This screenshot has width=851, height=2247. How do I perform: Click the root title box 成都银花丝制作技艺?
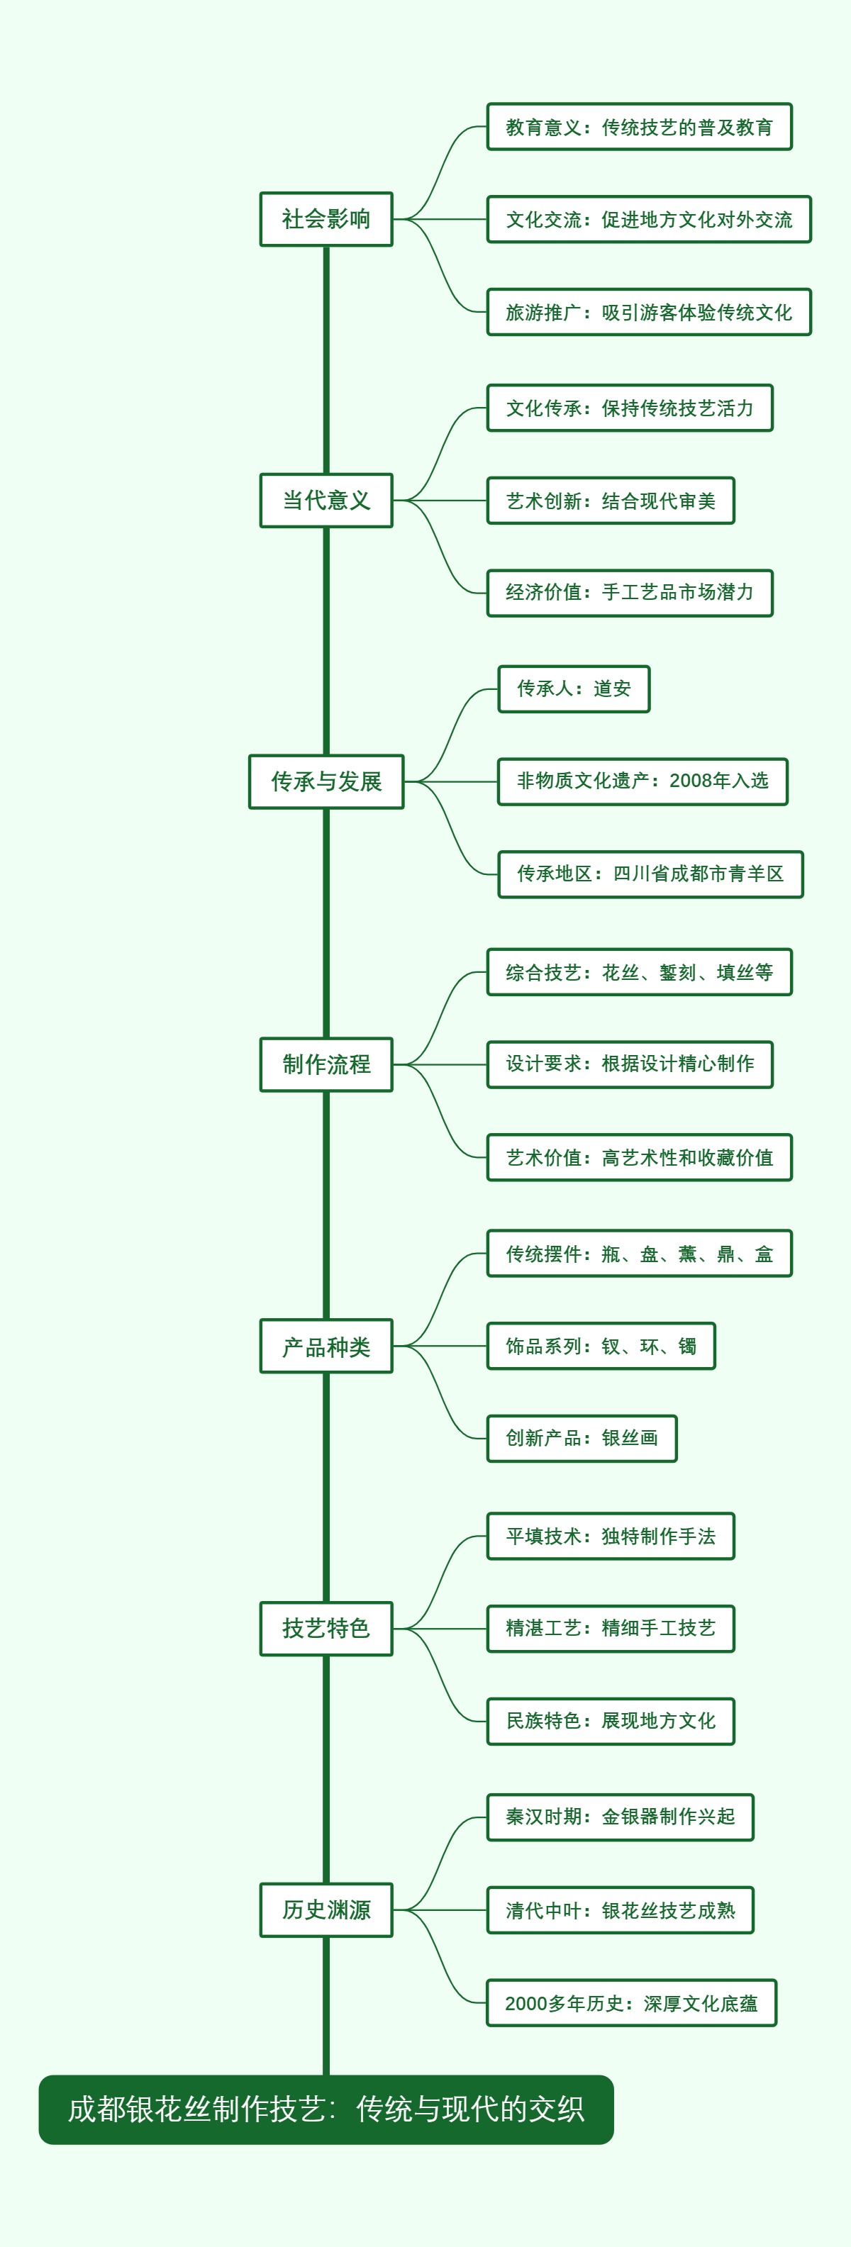pyautogui.click(x=326, y=2109)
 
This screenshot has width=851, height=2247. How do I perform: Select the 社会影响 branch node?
pyautogui.click(x=326, y=219)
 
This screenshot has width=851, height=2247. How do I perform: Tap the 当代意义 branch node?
pyautogui.click(x=326, y=501)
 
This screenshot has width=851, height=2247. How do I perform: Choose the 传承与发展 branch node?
pyautogui.click(x=326, y=781)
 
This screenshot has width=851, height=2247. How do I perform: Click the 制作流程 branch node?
pyautogui.click(x=326, y=1064)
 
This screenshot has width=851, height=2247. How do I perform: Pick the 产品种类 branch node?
pyautogui.click(x=326, y=1346)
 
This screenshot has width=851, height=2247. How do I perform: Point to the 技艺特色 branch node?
pyautogui.click(x=326, y=1629)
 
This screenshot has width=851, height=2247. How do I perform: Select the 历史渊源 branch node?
pyautogui.click(x=326, y=1910)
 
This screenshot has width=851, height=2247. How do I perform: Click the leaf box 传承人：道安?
pyautogui.click(x=574, y=689)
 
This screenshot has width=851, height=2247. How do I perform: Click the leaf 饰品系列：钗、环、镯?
pyautogui.click(x=601, y=1346)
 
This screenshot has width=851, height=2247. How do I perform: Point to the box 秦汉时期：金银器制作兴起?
pyautogui.click(x=620, y=1818)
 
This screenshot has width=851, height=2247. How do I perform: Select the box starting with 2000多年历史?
pyautogui.click(x=631, y=2003)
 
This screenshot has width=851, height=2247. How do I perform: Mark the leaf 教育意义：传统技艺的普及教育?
pyautogui.click(x=639, y=128)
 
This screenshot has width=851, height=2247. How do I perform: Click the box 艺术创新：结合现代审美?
pyautogui.click(x=610, y=501)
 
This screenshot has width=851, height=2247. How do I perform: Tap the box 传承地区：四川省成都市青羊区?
pyautogui.click(x=650, y=874)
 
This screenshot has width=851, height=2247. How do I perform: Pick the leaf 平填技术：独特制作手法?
pyautogui.click(x=610, y=1536)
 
